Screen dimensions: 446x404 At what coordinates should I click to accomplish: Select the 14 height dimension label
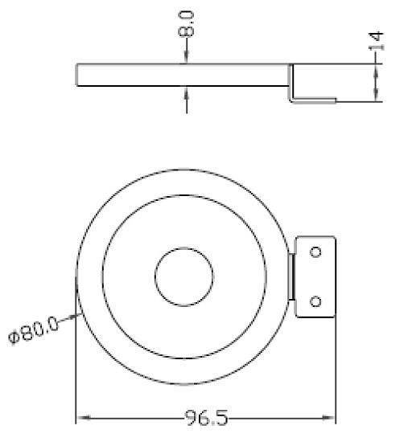(376, 43)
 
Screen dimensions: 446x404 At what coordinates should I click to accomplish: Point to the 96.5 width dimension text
(207, 419)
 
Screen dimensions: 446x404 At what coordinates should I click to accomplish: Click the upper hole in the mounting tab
(315, 252)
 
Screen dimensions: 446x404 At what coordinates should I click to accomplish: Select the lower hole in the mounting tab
(315, 301)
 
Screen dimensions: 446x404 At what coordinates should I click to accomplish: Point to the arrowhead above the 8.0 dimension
(186, 58)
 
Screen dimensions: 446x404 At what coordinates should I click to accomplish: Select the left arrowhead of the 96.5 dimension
(82, 419)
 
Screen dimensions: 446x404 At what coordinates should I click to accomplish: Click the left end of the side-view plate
(77, 76)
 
